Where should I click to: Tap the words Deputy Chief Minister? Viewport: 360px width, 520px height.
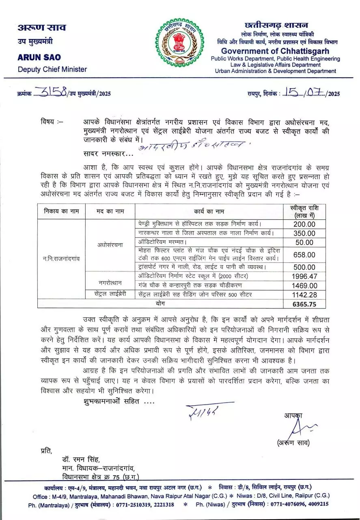click(x=52, y=69)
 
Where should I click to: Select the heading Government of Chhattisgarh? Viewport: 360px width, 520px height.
click(x=275, y=51)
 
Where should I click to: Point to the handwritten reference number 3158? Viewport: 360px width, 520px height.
click(x=50, y=93)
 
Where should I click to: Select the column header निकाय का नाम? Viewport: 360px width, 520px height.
click(x=61, y=211)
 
